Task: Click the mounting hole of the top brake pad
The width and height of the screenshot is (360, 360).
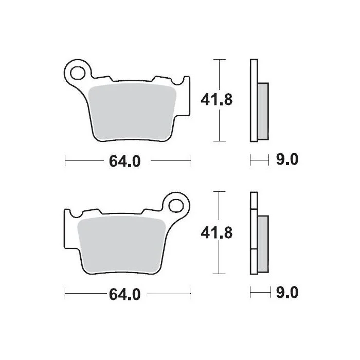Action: coord(78,73)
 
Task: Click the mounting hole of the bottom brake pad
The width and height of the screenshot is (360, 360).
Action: coord(176,206)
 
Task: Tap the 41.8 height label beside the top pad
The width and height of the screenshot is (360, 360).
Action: coord(217,100)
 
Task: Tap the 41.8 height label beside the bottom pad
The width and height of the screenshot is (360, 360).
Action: coord(217,232)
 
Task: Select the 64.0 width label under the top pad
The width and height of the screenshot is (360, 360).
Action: coord(124,161)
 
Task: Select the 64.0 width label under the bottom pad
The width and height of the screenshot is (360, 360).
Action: coord(124,294)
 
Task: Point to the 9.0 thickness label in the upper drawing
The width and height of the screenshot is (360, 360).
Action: coord(287,159)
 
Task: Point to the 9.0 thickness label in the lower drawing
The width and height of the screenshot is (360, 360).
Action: coord(287,292)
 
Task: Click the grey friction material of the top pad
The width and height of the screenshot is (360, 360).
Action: coord(132,112)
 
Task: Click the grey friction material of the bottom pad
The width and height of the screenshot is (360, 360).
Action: coord(122,245)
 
